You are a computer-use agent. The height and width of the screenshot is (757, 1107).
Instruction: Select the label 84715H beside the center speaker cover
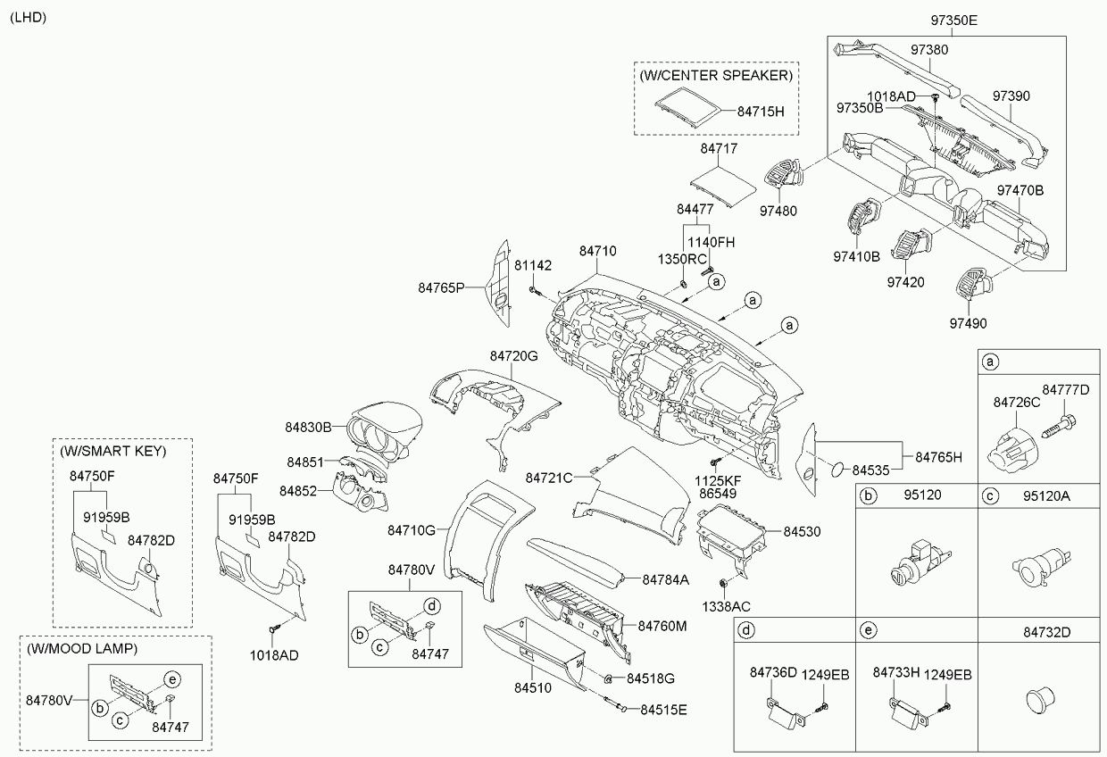760,112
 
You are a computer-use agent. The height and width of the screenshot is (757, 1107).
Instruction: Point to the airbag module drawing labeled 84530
729,533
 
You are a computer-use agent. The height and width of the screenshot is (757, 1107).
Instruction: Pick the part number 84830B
309,428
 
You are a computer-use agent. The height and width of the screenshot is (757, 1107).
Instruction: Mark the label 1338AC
726,607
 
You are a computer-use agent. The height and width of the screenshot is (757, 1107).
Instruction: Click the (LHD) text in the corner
29,18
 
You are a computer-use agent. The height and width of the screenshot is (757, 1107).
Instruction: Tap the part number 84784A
665,579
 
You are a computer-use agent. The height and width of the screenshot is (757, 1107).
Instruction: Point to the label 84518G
650,678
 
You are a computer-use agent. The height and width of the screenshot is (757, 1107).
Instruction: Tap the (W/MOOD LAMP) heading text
82,646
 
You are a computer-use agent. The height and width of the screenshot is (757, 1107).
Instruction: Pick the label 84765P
442,287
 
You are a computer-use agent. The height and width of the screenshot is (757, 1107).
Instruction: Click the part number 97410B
856,256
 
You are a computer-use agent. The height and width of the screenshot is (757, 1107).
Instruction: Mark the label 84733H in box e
896,674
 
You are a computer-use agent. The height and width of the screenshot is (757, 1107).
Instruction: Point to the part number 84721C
549,478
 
